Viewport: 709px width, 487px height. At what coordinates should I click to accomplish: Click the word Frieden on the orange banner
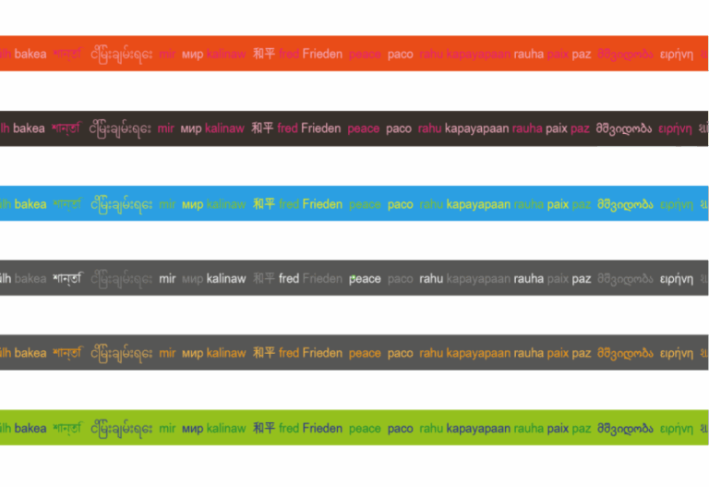click(321, 55)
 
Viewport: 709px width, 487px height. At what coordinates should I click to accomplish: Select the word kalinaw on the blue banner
click(226, 204)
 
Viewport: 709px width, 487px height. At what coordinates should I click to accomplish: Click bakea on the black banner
click(30, 128)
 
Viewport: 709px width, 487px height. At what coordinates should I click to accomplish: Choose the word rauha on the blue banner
click(529, 204)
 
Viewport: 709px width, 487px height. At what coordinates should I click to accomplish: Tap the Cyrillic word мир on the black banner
click(191, 128)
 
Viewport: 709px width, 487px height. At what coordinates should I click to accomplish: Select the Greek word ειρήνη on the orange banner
click(676, 55)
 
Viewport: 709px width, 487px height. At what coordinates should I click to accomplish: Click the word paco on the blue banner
click(401, 204)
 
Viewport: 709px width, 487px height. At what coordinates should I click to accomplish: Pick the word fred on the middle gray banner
click(289, 278)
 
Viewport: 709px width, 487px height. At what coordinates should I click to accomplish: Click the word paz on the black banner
click(580, 128)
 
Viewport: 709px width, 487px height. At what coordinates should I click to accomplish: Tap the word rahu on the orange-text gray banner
click(431, 353)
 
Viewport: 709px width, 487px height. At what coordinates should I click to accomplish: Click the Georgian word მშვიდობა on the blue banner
click(625, 204)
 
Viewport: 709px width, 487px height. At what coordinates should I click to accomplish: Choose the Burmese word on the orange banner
click(121, 55)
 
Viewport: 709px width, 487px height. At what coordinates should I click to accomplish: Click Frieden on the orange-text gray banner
click(322, 353)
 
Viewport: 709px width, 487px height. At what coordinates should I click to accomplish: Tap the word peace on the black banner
click(364, 128)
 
